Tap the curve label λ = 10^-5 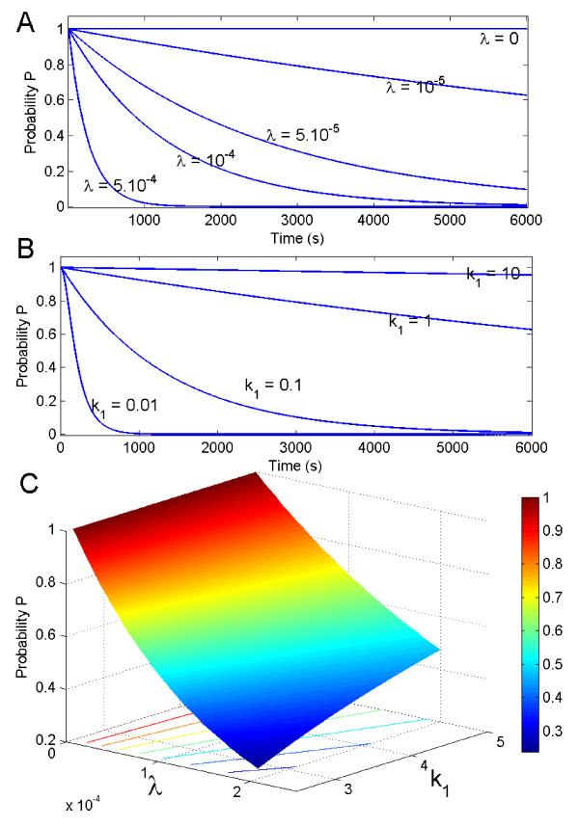[415, 87]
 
